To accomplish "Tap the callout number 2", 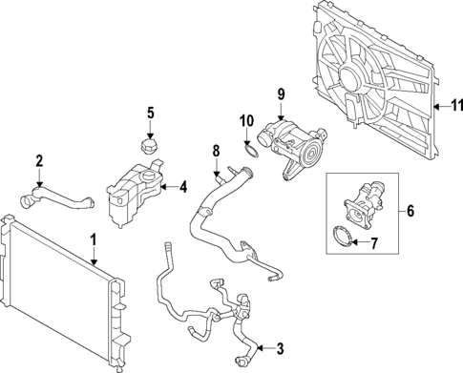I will coord(39,160).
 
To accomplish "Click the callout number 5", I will coord(150,114).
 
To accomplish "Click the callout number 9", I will coord(281,93).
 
